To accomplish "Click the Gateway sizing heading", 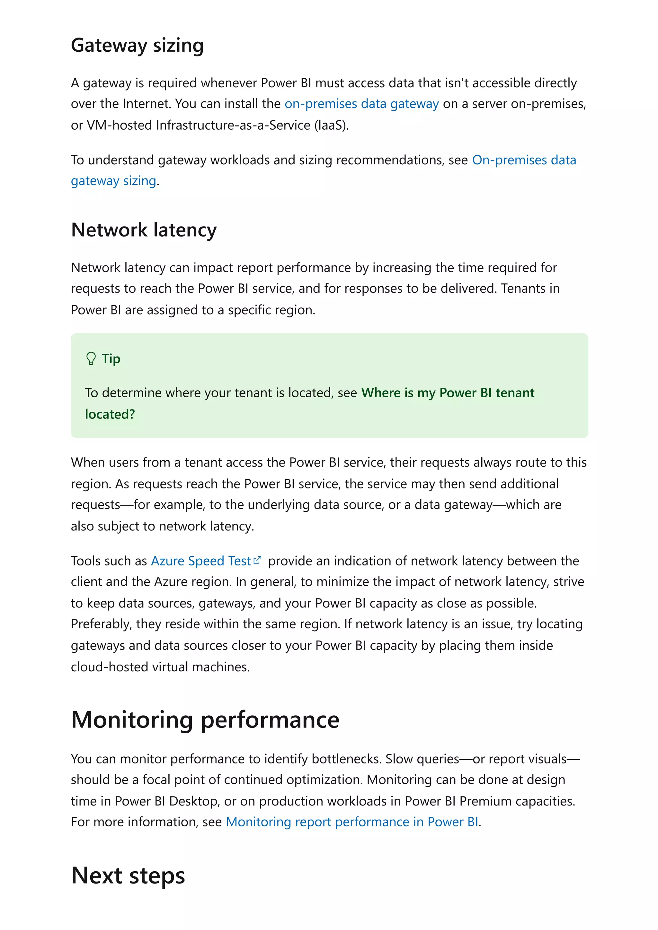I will click(137, 45).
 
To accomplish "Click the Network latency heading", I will click(144, 230).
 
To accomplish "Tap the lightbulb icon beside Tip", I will click(91, 358).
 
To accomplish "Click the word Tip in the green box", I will click(111, 359).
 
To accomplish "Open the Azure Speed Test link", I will click(201, 561).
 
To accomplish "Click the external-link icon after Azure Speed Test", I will click(257, 561).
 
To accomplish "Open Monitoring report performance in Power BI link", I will click(351, 822).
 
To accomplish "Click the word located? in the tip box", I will click(110, 414).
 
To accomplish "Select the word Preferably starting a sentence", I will click(101, 624).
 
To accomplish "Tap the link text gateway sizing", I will click(113, 181).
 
